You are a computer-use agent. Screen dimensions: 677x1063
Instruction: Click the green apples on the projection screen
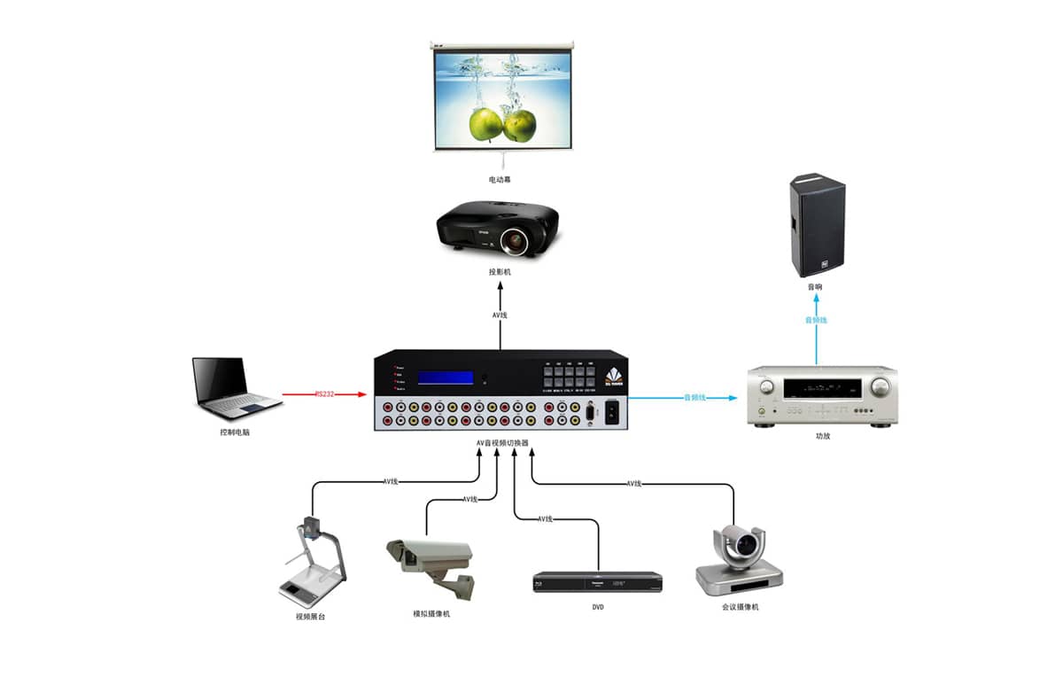point(502,124)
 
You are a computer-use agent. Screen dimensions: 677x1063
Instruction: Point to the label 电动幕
point(500,180)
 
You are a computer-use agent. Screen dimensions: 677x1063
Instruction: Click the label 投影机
point(500,272)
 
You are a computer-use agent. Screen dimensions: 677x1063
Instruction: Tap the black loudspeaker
point(816,226)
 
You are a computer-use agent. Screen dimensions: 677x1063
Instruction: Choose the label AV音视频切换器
point(501,442)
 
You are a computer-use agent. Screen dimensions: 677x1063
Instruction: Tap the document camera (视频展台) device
point(309,564)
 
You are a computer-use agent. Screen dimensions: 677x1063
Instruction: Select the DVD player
point(597,582)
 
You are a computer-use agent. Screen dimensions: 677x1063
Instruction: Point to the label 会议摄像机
point(740,607)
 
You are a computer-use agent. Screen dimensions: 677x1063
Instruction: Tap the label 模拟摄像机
point(431,613)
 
